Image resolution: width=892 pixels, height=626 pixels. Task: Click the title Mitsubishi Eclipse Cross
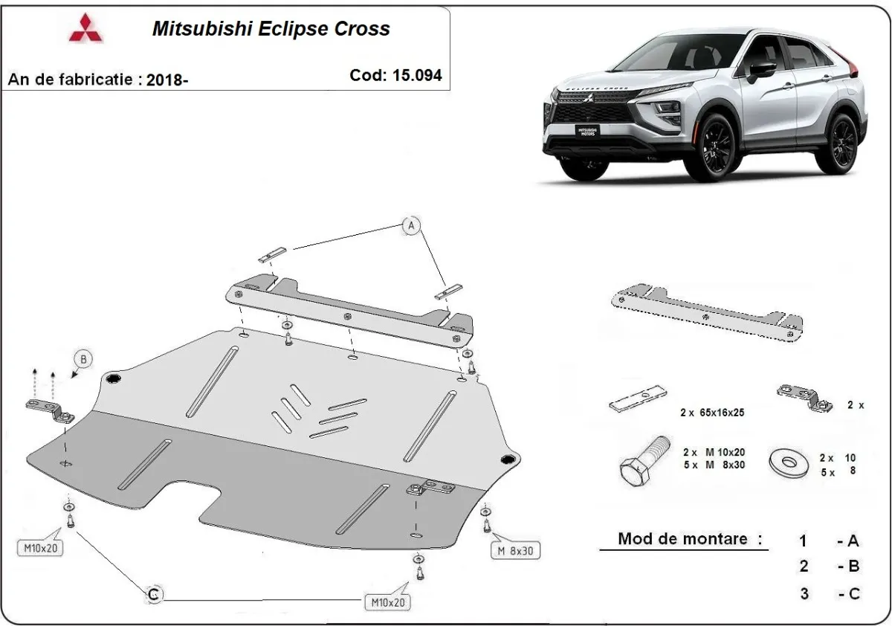click(271, 29)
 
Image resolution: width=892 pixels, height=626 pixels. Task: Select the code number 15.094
click(395, 75)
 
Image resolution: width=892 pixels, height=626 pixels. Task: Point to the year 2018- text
click(167, 80)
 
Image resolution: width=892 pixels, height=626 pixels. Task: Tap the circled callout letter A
click(411, 226)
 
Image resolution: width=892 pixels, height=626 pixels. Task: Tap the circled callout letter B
click(83, 360)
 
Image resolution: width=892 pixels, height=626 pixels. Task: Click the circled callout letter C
click(153, 593)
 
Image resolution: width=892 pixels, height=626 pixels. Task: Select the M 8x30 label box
click(515, 551)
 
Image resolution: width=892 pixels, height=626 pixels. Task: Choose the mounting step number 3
click(804, 593)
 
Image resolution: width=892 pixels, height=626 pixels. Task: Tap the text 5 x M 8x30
click(714, 465)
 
